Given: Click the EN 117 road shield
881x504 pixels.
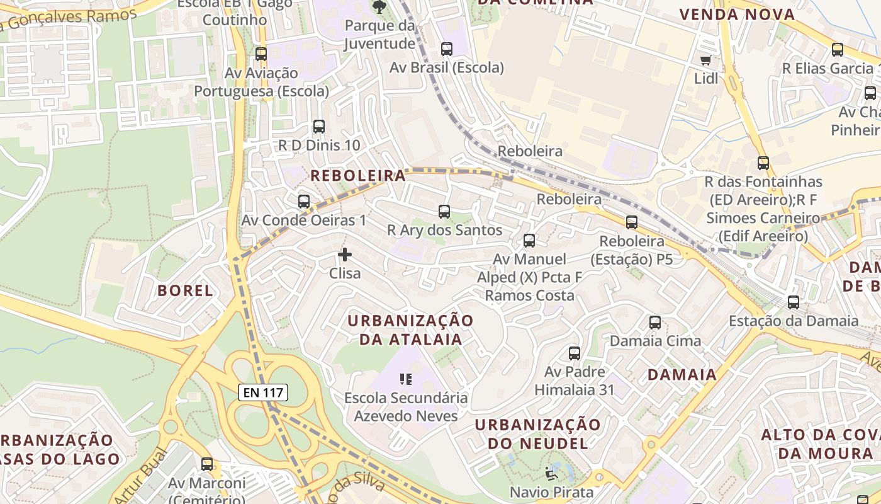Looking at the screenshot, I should [x=264, y=392].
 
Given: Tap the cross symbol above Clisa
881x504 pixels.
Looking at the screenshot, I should [x=345, y=255].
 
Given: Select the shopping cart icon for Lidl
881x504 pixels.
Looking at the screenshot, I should [x=705, y=60].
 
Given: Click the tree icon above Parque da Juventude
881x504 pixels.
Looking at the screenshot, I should [x=379, y=7].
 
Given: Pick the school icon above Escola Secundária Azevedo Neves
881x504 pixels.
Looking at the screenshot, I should [x=406, y=379].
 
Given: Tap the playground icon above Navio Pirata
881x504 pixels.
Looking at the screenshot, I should [x=551, y=473].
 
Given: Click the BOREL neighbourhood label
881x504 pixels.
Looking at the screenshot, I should [x=185, y=290].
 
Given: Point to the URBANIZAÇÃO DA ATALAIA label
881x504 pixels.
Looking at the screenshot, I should [x=410, y=329].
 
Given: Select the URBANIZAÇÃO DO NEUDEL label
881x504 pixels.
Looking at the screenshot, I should [x=538, y=433].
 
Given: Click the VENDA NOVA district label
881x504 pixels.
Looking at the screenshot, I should [x=737, y=14].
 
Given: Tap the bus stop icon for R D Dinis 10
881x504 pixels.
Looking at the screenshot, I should [x=319, y=127].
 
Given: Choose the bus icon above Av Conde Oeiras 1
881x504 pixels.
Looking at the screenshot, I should [x=304, y=202].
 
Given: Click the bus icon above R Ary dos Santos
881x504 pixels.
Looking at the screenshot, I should [x=444, y=212].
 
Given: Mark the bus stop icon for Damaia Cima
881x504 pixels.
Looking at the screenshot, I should [x=655, y=323].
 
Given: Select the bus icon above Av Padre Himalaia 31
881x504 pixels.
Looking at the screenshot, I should [x=574, y=353].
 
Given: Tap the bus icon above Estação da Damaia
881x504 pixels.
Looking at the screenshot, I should [x=794, y=302].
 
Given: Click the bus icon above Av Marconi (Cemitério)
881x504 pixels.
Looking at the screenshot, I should [x=207, y=464].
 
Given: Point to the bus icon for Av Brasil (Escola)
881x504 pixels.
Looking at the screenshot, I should [x=447, y=49].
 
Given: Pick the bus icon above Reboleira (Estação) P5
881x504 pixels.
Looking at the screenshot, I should [x=632, y=222].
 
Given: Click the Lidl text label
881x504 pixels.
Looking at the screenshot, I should [x=706, y=79].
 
